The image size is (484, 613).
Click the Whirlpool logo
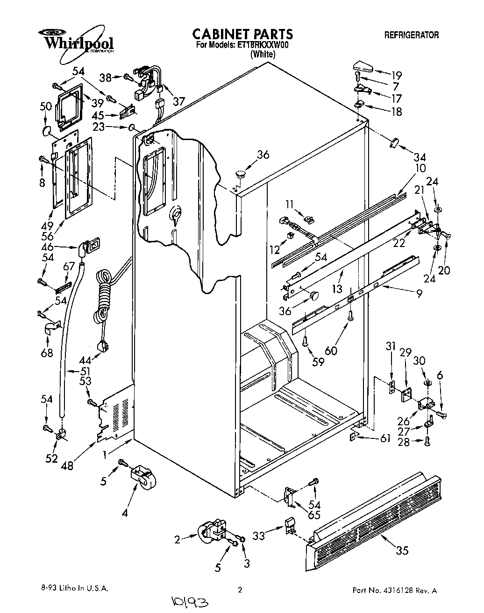pos(75,41)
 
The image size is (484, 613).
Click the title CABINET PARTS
pos(242,34)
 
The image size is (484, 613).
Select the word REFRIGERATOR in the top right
pos(411,35)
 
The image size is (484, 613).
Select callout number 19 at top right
pos(396,75)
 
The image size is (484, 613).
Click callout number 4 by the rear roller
pos(125,514)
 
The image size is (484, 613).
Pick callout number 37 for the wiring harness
pos(178,100)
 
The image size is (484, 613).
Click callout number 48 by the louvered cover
pos(67,465)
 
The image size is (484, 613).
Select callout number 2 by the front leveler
pos(178,540)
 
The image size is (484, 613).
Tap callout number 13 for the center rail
pos(337,289)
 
